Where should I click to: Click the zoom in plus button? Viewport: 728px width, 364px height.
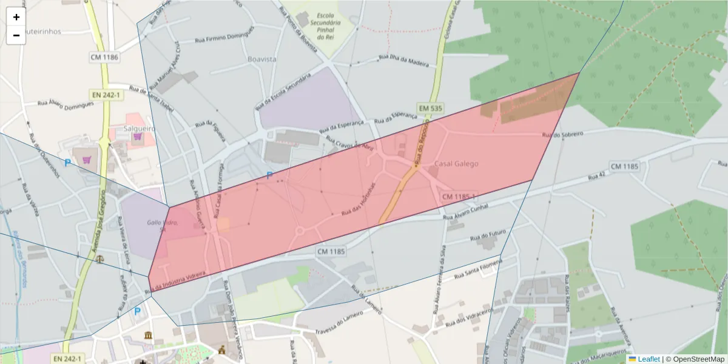click(x=16, y=17)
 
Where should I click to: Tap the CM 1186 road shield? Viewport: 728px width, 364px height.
click(x=104, y=58)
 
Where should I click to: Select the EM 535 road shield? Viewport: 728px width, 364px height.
click(x=430, y=109)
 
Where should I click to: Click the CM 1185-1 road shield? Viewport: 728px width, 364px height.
click(x=459, y=197)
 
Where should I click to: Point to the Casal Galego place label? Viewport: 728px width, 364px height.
click(x=456, y=164)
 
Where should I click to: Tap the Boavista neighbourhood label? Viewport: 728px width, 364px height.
click(x=262, y=59)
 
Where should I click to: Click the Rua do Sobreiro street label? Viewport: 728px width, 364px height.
click(x=562, y=134)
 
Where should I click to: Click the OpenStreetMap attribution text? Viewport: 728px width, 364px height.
click(x=695, y=359)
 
